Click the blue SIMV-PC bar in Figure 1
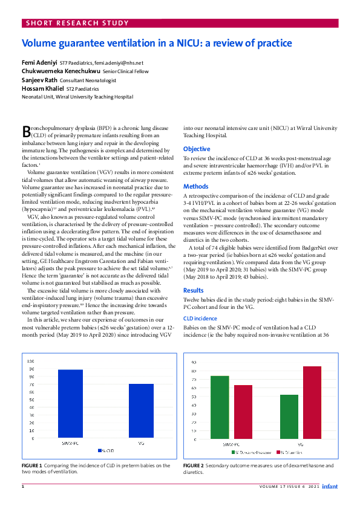(70, 404)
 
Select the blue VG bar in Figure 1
(141, 411)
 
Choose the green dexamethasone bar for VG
(290, 417)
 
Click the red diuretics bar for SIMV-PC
(243, 412)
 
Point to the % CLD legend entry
(106, 450)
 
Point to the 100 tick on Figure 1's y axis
(30, 361)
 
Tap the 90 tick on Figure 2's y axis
(193, 362)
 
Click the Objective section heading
(197, 149)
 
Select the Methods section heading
(195, 187)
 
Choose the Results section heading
(194, 290)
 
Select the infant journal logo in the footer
(330, 486)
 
